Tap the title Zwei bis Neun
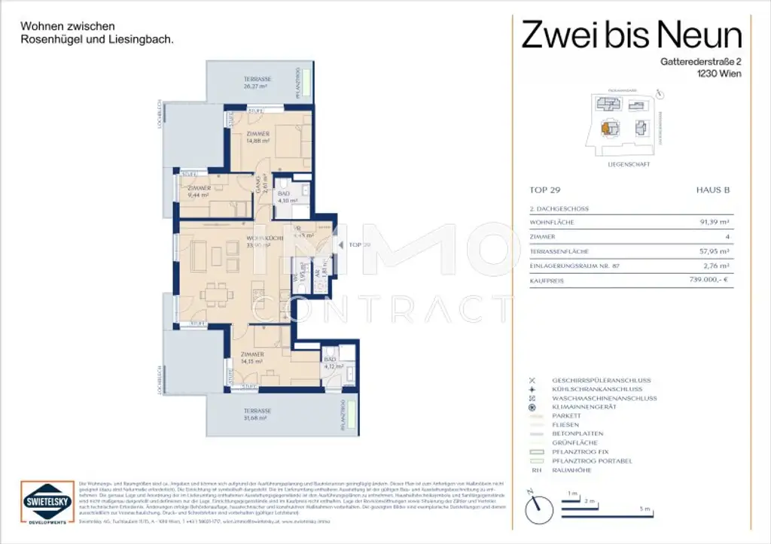(632, 35)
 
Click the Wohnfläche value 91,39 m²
(714, 222)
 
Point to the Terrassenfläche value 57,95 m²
(714, 251)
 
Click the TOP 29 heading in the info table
(547, 191)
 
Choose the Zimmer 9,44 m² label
(199, 190)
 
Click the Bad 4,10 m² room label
(288, 197)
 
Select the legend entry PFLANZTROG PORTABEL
(592, 460)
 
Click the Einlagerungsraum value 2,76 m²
(714, 265)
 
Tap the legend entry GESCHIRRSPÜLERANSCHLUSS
(601, 380)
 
